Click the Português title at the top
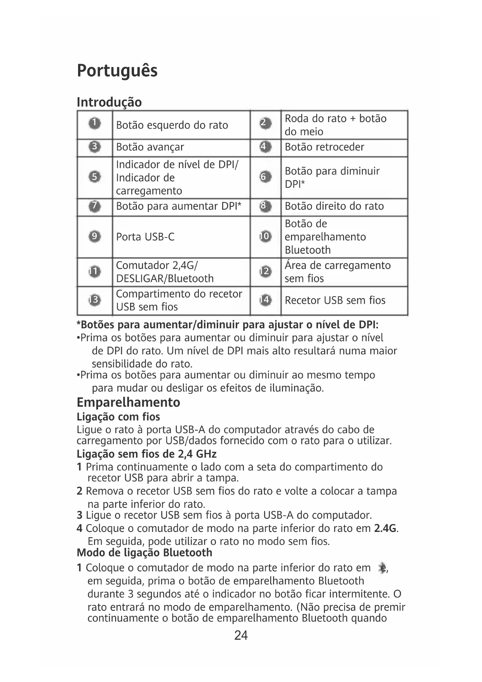coord(117,71)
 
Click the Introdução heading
coord(109,102)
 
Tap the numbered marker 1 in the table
coord(94,124)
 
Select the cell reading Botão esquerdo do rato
coord(172,125)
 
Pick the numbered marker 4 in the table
coord(265,147)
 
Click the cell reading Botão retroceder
coord(324,147)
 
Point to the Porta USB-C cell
coord(145,237)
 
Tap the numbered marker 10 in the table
coord(265,236)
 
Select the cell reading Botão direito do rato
coord(334,206)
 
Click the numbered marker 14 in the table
coord(265,300)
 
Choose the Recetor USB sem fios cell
coord(335,300)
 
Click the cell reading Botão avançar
coord(150,147)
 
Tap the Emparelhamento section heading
coord(128,402)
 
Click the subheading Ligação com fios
coord(118,417)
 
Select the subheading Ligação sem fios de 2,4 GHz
coord(146,454)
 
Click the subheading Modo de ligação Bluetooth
coord(144,553)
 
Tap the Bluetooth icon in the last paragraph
coord(382,568)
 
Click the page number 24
coord(241,635)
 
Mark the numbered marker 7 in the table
coord(94,206)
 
